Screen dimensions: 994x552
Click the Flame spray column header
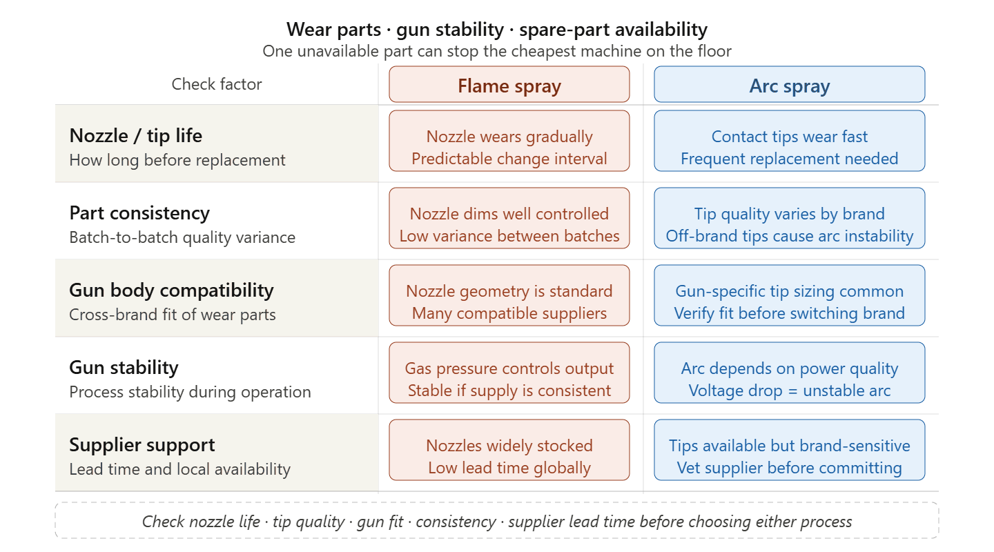tap(509, 84)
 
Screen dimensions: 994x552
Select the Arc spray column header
tap(790, 84)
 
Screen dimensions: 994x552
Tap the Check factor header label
tap(217, 84)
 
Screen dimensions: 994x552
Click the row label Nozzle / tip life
tap(136, 135)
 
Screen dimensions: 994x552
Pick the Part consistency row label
tap(139, 213)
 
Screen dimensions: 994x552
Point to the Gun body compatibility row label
tap(171, 290)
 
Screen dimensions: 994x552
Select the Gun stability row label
tap(124, 367)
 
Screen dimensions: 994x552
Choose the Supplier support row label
tap(142, 444)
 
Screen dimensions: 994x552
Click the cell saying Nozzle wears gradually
tap(509, 141)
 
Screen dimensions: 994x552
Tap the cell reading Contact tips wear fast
tap(790, 141)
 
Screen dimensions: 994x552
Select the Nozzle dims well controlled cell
tap(509, 218)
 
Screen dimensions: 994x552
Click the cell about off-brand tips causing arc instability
tap(790, 218)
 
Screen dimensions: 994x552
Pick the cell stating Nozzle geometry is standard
tap(509, 295)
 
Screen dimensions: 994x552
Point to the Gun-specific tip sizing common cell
tap(790, 295)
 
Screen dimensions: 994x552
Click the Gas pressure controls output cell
tap(509, 373)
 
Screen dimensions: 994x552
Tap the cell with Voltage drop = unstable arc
tap(790, 373)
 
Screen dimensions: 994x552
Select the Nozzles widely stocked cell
tap(509, 449)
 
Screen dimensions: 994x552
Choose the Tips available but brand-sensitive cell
tap(790, 449)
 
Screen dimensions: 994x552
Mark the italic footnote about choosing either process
tap(497, 522)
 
